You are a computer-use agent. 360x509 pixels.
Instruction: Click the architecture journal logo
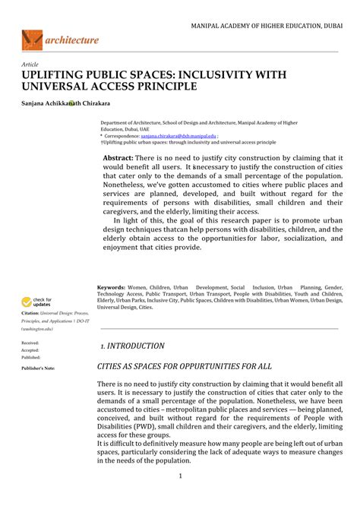click(x=60, y=40)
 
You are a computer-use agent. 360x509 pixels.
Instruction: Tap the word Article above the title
click(x=31, y=65)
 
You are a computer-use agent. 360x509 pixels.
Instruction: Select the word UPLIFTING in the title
click(x=54, y=75)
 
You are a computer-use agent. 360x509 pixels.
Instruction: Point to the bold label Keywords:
click(x=111, y=288)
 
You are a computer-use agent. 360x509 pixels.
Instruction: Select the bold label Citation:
click(x=30, y=313)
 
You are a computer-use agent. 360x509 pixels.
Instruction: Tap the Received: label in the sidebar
click(x=30, y=343)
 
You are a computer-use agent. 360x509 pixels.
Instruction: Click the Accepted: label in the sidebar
click(x=30, y=350)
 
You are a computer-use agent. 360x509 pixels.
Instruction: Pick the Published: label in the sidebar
click(x=31, y=357)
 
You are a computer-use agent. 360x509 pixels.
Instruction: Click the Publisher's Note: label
click(x=38, y=368)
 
